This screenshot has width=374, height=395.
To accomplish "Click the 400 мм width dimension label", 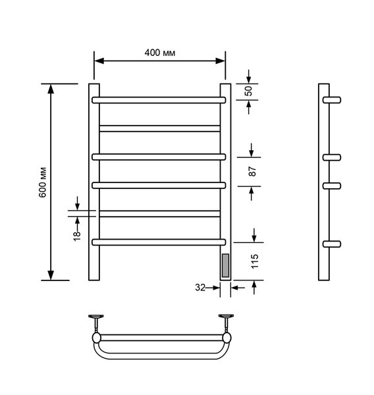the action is point(160,53).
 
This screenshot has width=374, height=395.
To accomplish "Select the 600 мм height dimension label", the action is point(43,182).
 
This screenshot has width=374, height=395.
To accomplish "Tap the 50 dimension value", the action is point(248,91).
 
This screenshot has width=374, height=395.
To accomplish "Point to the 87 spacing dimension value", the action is point(252,171).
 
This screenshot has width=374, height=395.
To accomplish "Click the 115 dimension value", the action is point(255,261).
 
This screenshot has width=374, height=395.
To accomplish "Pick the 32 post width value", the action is point(200,288).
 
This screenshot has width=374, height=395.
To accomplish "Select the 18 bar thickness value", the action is point(77,236).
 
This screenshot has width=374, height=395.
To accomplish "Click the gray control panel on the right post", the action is point(226,265).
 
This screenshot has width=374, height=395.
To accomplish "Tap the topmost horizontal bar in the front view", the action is point(159,100).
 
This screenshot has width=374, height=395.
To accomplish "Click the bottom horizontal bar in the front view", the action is point(159,242).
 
